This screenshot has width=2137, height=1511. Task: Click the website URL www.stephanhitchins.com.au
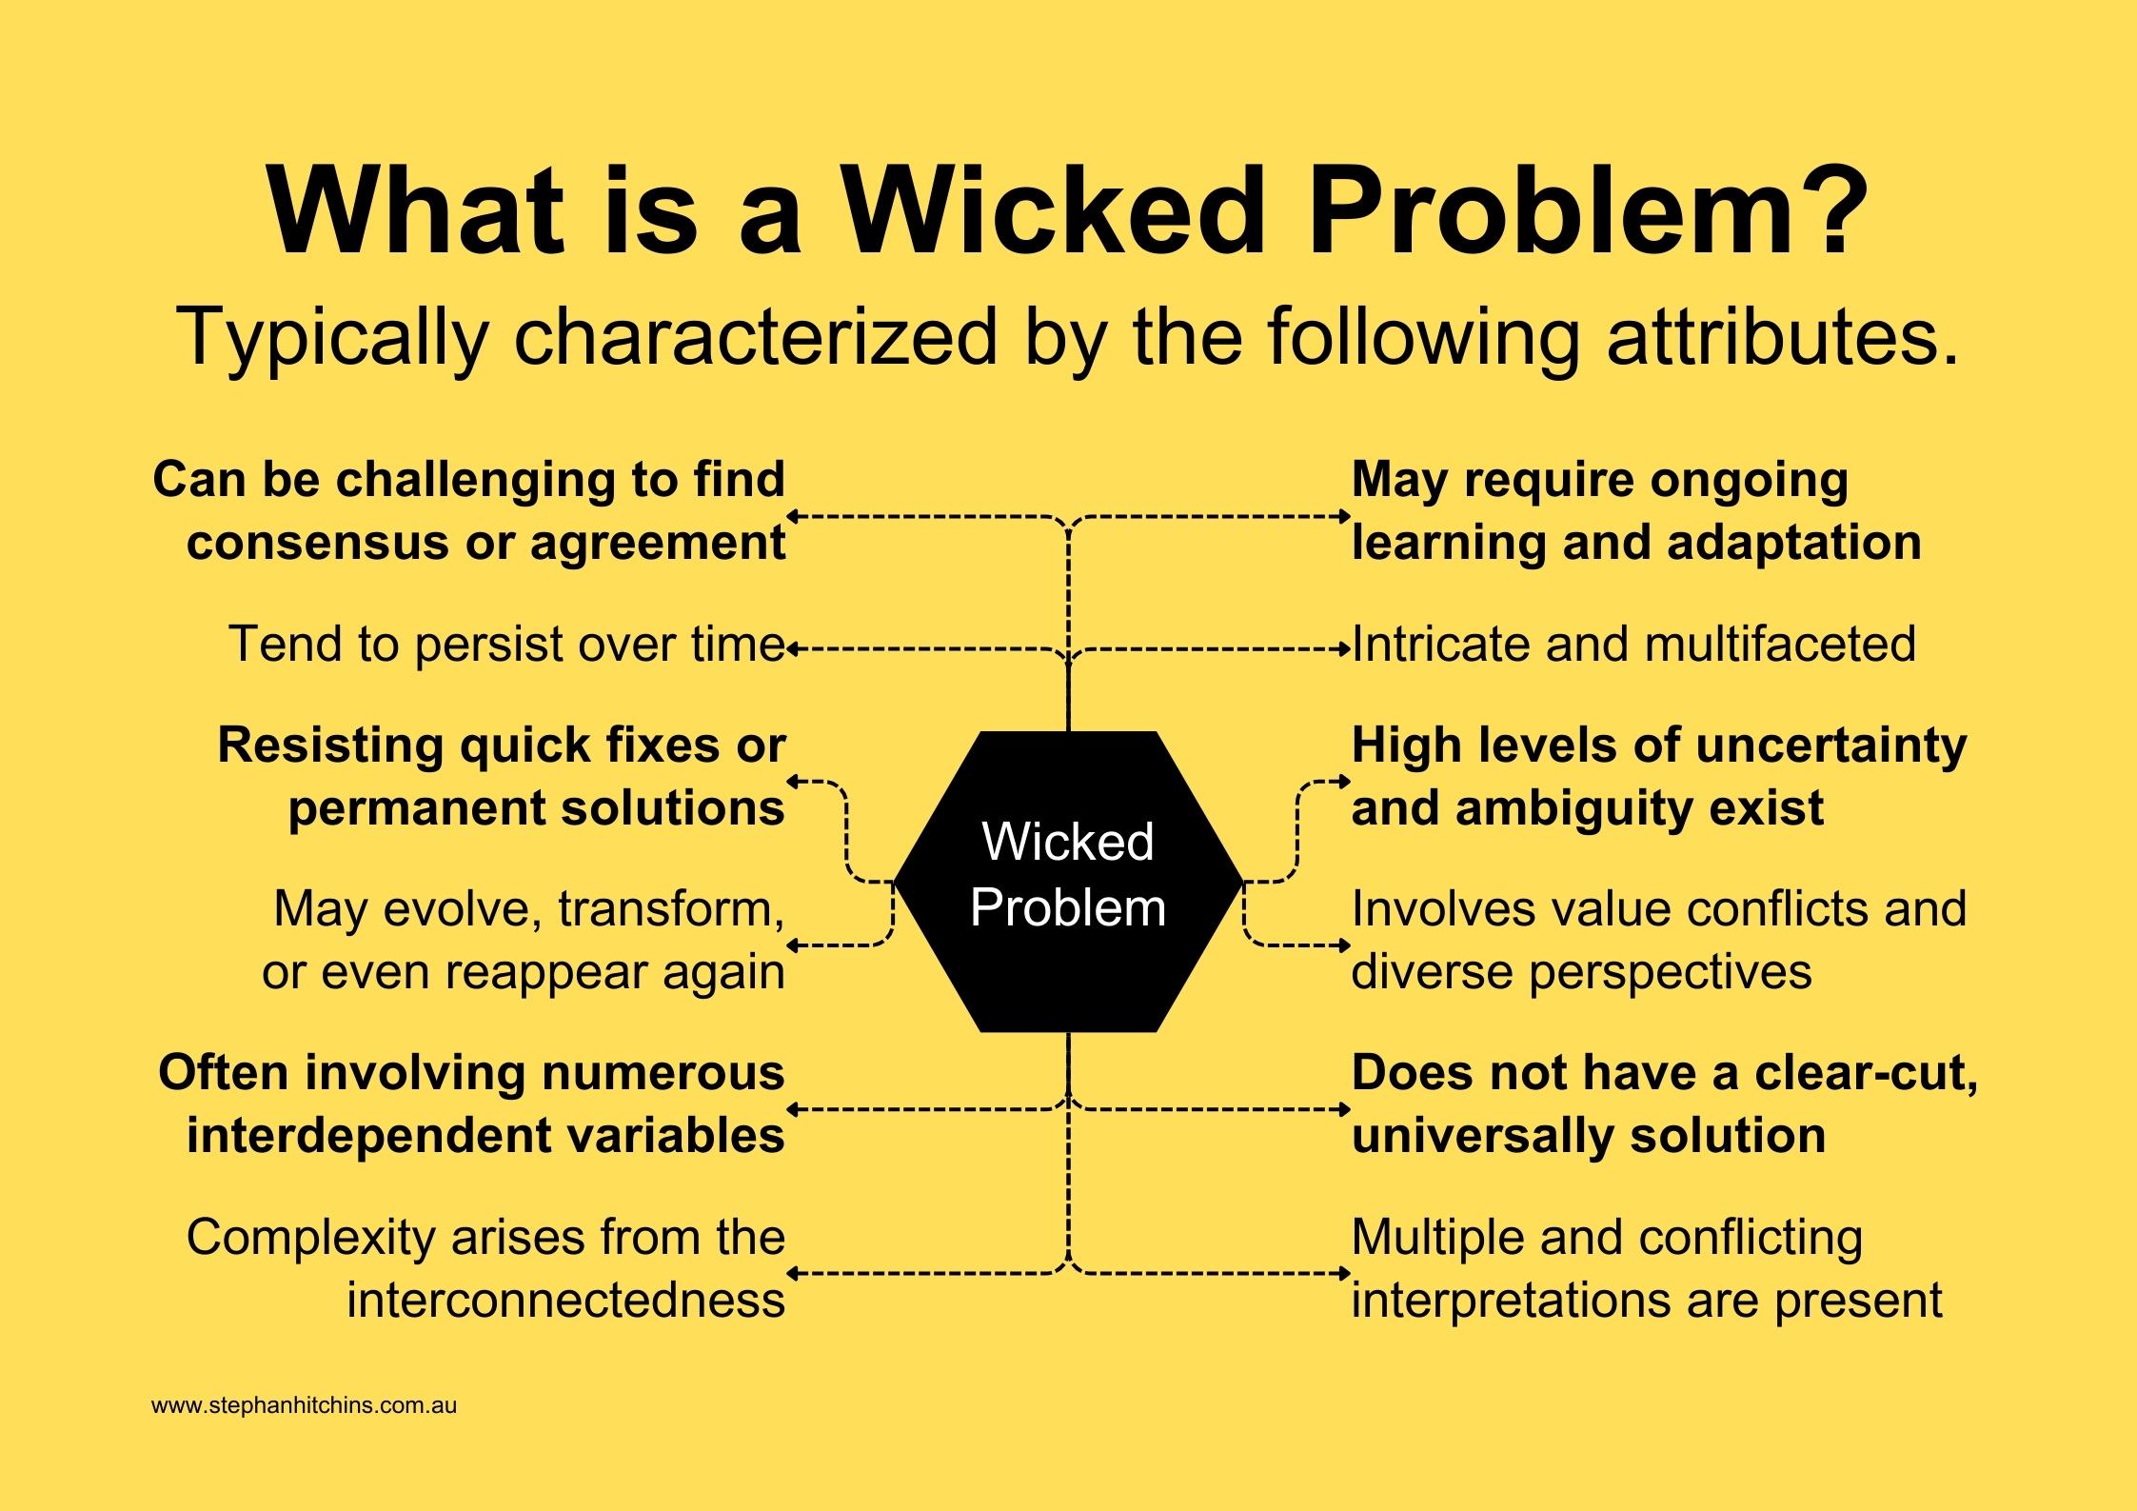coord(304,1405)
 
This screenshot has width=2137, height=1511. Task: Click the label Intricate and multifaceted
coord(1633,645)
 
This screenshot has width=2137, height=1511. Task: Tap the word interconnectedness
coord(566,1301)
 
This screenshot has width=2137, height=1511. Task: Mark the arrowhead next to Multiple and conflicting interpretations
coord(1345,1273)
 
